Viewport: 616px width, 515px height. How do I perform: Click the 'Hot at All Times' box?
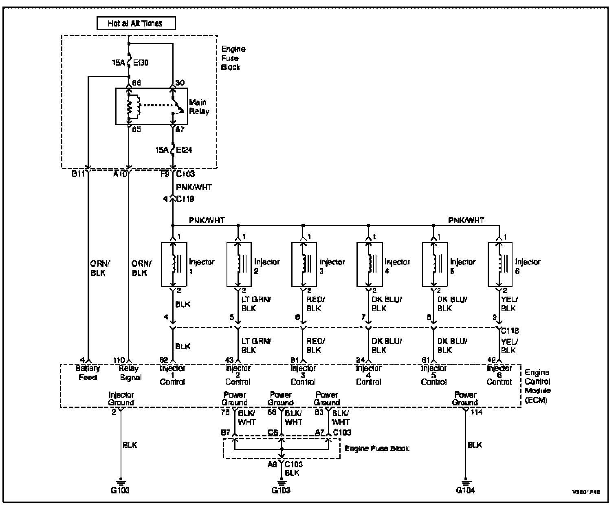pyautogui.click(x=136, y=23)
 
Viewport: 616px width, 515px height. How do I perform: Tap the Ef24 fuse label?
pyautogui.click(x=184, y=150)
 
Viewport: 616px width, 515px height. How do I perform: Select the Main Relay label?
pyautogui.click(x=198, y=106)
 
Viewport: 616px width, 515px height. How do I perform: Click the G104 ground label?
pyautogui.click(x=464, y=491)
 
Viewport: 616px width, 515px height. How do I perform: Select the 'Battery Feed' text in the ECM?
pyautogui.click(x=88, y=373)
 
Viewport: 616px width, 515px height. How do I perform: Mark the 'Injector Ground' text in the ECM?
pyautogui.click(x=121, y=398)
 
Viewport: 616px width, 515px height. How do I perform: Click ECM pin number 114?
pyautogui.click(x=477, y=412)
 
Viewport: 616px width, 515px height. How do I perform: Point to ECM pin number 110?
pyautogui.click(x=119, y=360)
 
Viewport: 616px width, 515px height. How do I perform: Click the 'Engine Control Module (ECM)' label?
pyautogui.click(x=537, y=386)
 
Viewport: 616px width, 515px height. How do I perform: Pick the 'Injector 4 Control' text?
pyautogui.click(x=369, y=375)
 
